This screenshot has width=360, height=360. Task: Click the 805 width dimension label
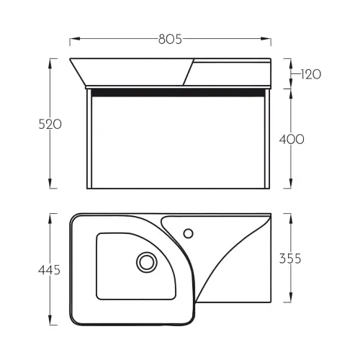point(170,39)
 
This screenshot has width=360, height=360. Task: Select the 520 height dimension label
point(50,125)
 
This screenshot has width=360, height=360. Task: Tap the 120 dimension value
point(310,74)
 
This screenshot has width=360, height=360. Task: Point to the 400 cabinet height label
point(292,139)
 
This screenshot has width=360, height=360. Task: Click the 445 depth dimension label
point(49,270)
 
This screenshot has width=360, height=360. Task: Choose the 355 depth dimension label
point(290,258)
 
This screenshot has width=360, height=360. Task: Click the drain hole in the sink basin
point(147,262)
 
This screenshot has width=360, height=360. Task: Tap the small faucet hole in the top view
point(189,233)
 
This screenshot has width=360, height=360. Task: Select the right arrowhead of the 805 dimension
point(266,39)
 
